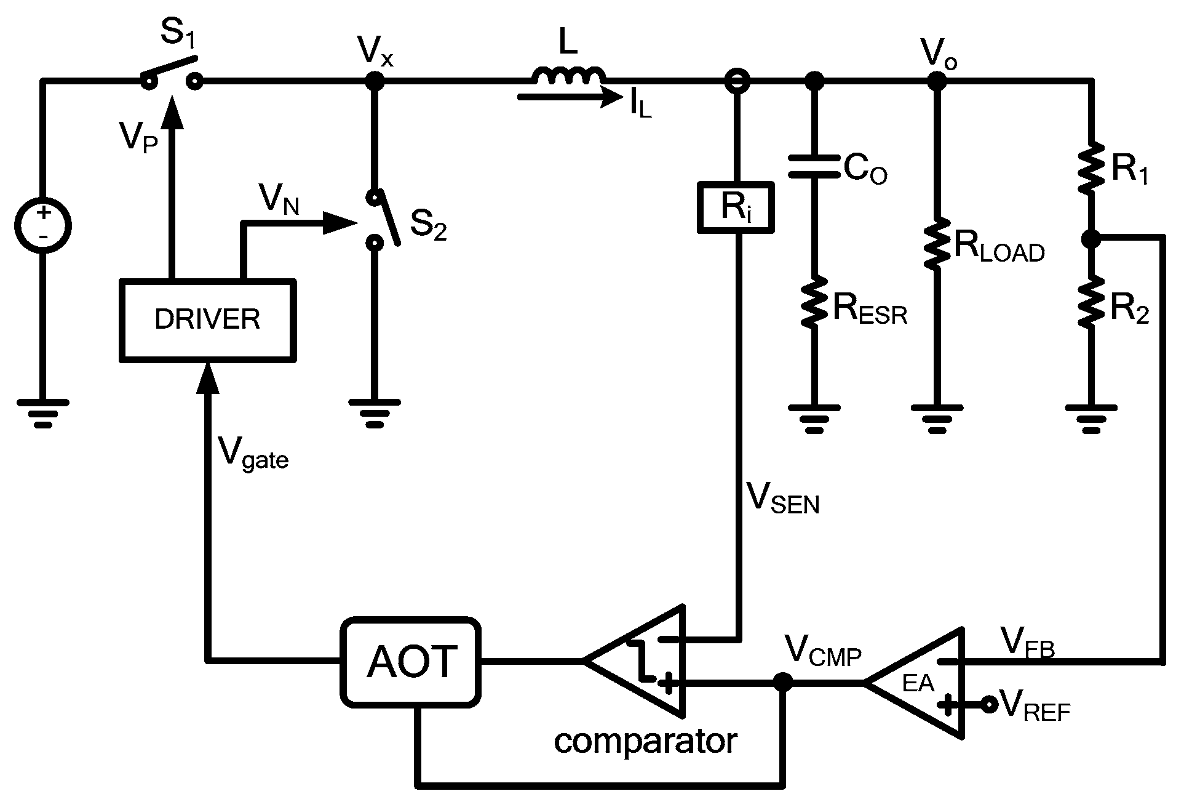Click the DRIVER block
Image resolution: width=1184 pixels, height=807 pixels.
(207, 319)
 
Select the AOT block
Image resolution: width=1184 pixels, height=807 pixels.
(411, 661)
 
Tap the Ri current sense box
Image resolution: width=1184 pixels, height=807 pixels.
(736, 207)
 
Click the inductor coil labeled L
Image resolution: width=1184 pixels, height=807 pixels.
(568, 76)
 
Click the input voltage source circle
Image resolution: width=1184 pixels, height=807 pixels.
(43, 225)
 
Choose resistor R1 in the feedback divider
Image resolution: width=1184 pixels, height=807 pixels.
(1091, 167)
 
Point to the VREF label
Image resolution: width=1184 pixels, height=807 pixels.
(1036, 705)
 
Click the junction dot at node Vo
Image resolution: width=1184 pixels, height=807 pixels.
(936, 80)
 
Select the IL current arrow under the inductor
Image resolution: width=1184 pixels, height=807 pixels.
(566, 97)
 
